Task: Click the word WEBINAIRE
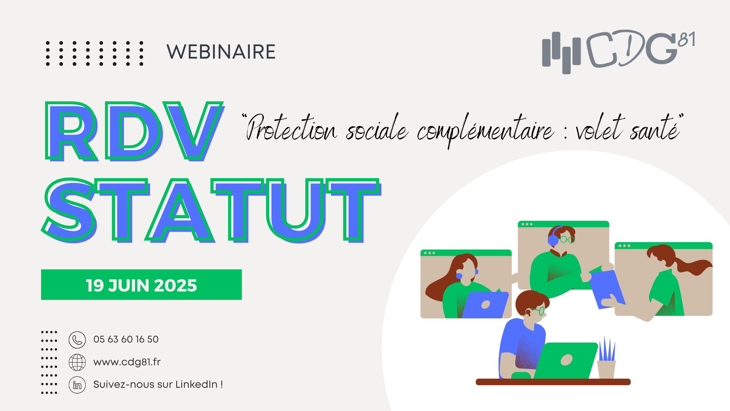(221, 52)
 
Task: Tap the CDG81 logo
(619, 52)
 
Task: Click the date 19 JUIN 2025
(141, 285)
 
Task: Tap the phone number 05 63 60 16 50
(126, 339)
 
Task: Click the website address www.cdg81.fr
(127, 362)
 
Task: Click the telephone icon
(77, 340)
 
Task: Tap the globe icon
(77, 362)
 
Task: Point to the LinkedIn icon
(77, 385)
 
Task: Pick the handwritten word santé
(654, 129)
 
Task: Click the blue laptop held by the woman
(485, 305)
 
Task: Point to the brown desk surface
(553, 382)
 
